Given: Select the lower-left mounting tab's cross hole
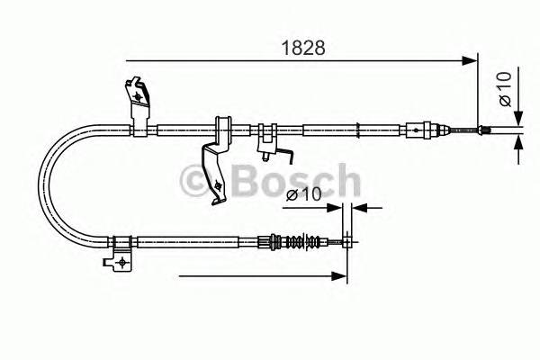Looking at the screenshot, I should click(118, 262).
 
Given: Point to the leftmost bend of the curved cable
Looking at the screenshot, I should click(40, 185).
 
